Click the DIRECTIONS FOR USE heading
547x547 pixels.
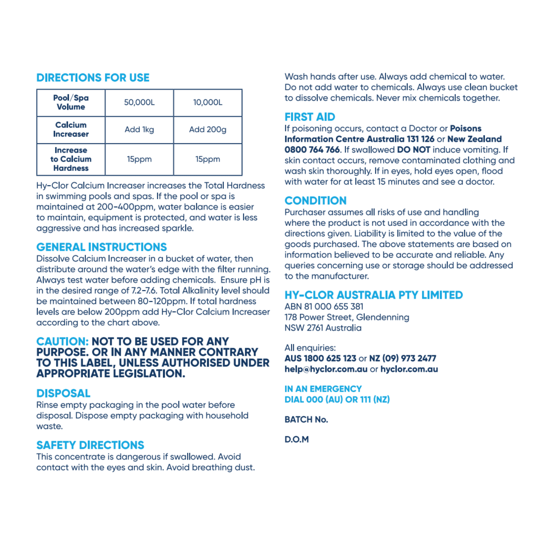[93, 78]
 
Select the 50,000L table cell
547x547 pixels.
[139, 102]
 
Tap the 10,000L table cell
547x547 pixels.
[208, 102]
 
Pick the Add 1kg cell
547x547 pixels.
[139, 130]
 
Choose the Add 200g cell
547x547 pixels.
[208, 130]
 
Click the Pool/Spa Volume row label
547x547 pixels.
[71, 102]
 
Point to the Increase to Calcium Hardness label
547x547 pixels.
[71, 159]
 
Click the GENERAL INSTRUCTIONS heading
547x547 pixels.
[102, 247]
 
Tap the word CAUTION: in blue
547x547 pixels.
[63, 341]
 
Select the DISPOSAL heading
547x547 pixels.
[63, 393]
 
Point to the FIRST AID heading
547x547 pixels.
[310, 117]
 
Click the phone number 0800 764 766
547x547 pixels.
[312, 150]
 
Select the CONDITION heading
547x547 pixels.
[316, 200]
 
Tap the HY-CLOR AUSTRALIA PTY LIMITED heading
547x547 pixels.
[374, 295]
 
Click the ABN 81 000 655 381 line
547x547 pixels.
[324, 306]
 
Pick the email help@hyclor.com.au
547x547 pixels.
[326, 369]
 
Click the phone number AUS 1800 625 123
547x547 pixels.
[320, 358]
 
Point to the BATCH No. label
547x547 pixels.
[306, 419]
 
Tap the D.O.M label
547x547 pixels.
[296, 439]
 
